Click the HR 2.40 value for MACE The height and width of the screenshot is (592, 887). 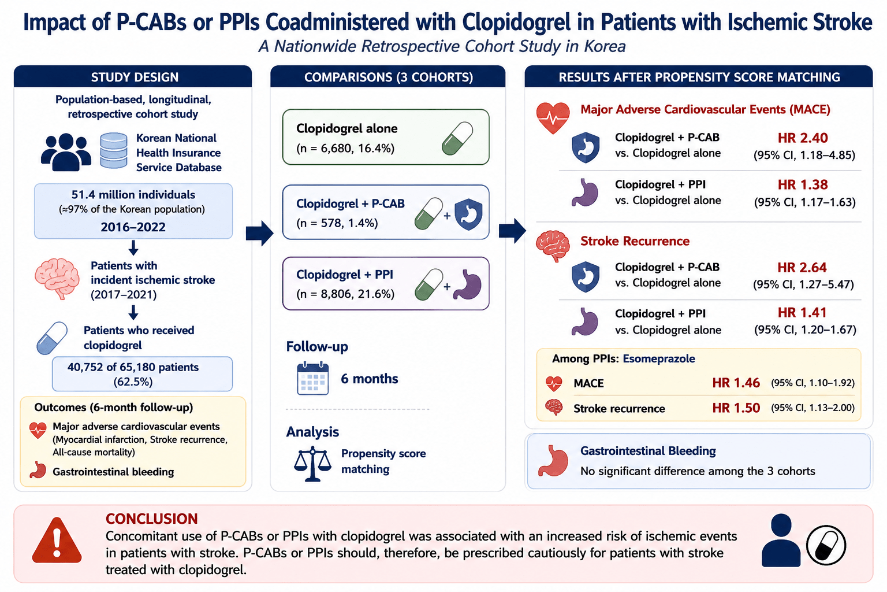click(x=803, y=138)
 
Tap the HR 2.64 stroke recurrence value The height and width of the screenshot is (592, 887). click(x=802, y=268)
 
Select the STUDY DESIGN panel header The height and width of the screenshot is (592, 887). click(x=135, y=77)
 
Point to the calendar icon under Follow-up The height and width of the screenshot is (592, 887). click(x=313, y=378)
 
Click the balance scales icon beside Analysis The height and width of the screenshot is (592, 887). click(x=312, y=464)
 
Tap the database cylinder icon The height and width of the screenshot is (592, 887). click(x=114, y=151)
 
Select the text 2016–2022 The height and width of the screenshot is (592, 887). click(x=133, y=227)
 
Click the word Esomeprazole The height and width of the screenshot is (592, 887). click(x=659, y=359)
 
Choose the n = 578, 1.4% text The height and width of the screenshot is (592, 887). click(x=337, y=223)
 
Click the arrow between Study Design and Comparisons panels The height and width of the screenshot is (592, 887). click(x=259, y=233)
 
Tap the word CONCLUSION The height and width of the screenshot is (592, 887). click(x=151, y=519)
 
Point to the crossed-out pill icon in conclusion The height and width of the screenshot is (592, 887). click(x=826, y=545)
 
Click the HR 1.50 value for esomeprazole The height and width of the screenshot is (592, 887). click(x=736, y=408)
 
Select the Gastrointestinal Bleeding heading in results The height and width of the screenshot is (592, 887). click(x=649, y=452)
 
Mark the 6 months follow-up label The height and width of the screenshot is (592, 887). click(x=370, y=379)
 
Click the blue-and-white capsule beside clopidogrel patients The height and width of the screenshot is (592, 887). click(x=52, y=338)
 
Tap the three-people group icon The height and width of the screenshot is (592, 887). click(x=66, y=152)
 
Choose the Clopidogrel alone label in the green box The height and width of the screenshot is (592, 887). click(x=347, y=128)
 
